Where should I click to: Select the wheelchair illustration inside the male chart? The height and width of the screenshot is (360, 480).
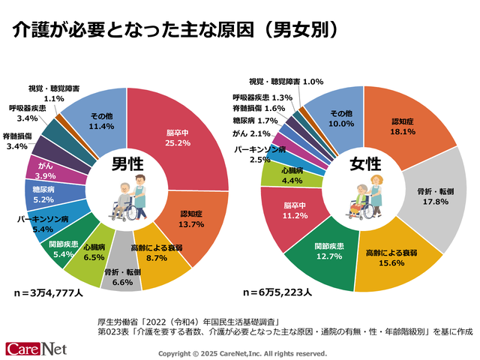[120, 204]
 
